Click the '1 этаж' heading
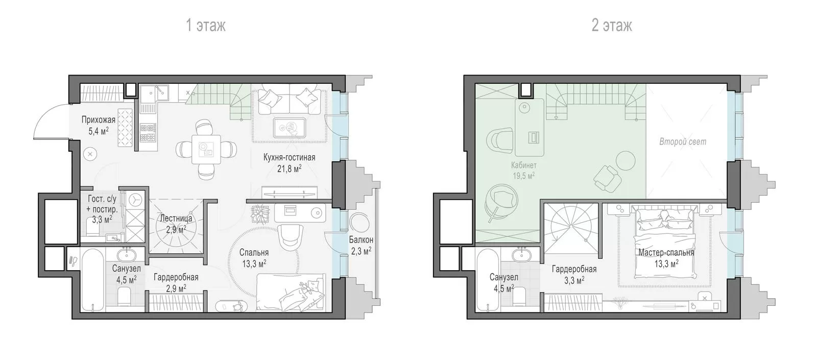(206, 26)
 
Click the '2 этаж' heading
(612, 26)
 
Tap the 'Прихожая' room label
(99, 119)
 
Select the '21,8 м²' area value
(289, 169)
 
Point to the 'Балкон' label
(361, 239)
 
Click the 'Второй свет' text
(683, 141)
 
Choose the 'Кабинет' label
(524, 165)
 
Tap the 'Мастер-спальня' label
(666, 252)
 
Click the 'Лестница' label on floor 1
(176, 218)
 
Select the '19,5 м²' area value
(524, 176)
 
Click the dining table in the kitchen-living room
(206, 150)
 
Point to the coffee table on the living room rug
(290, 128)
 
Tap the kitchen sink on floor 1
(154, 93)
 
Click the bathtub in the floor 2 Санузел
(488, 280)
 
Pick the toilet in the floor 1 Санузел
(125, 297)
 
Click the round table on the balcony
(359, 222)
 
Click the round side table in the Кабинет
(626, 161)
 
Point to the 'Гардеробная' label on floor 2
(574, 269)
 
